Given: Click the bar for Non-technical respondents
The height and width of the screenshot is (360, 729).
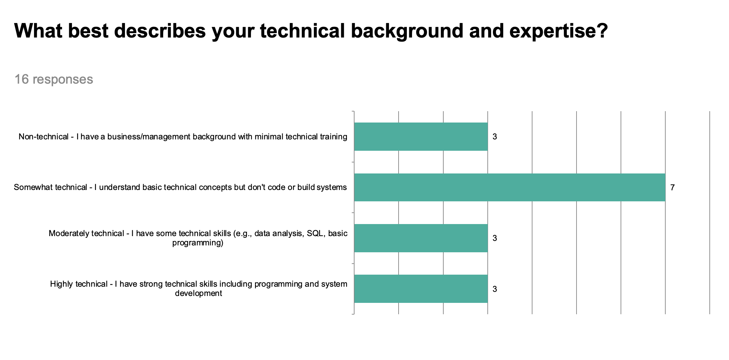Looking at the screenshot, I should [421, 137].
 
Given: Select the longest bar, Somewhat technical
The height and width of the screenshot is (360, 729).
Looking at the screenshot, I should [509, 187].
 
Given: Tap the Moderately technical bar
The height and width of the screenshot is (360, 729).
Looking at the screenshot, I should [421, 238].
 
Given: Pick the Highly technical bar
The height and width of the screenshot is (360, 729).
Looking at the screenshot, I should [421, 289].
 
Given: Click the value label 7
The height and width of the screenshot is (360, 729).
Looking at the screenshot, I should [672, 188].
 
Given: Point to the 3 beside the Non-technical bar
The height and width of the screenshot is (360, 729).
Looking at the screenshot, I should [495, 137].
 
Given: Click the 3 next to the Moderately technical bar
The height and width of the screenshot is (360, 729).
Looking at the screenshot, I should [495, 238].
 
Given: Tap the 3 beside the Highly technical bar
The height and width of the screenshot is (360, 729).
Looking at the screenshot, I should [495, 289].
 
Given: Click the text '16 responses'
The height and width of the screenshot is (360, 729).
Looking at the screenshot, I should [54, 79].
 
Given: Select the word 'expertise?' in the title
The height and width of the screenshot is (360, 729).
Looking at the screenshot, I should [558, 31].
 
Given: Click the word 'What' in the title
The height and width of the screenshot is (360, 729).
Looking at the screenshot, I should [38, 31].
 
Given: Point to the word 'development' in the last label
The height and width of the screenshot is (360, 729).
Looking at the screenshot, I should [199, 293].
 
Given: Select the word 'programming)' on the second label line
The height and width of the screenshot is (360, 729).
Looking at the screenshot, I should [198, 243].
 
